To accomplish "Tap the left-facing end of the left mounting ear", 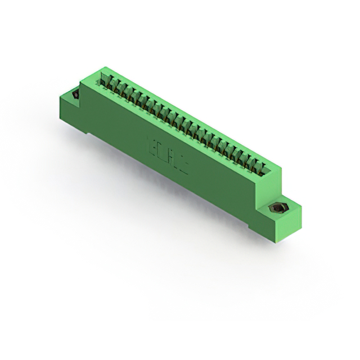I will click(64, 107).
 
